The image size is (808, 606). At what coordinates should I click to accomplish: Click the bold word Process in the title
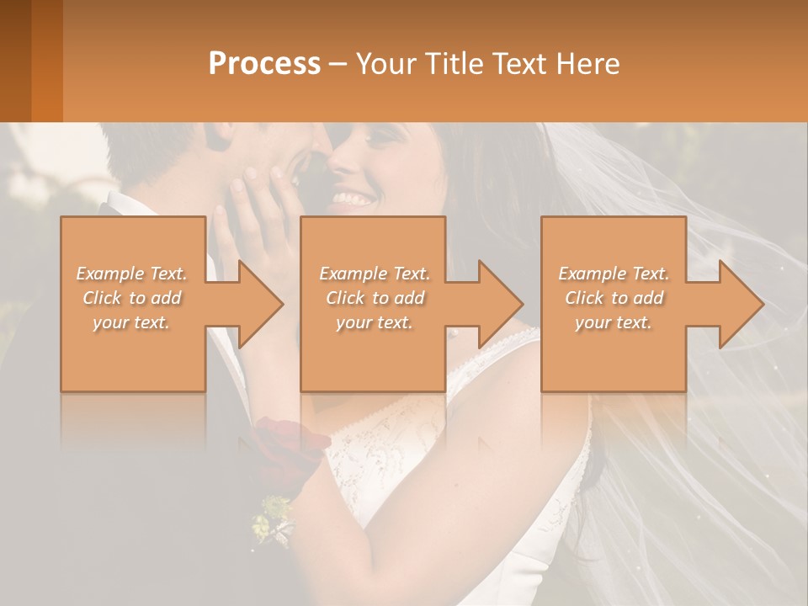[x=264, y=64]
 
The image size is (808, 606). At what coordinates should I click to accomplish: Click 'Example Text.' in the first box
[x=132, y=274]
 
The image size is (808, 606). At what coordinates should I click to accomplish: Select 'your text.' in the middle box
[x=374, y=322]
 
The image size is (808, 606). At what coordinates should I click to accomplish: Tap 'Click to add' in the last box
[x=614, y=298]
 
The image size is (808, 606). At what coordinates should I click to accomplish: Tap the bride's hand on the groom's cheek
[x=252, y=219]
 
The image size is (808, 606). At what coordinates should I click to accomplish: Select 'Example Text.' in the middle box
[x=374, y=274]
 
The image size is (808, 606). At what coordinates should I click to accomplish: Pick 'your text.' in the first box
[x=132, y=322]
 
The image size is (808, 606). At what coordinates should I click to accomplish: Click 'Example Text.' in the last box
[x=614, y=274]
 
